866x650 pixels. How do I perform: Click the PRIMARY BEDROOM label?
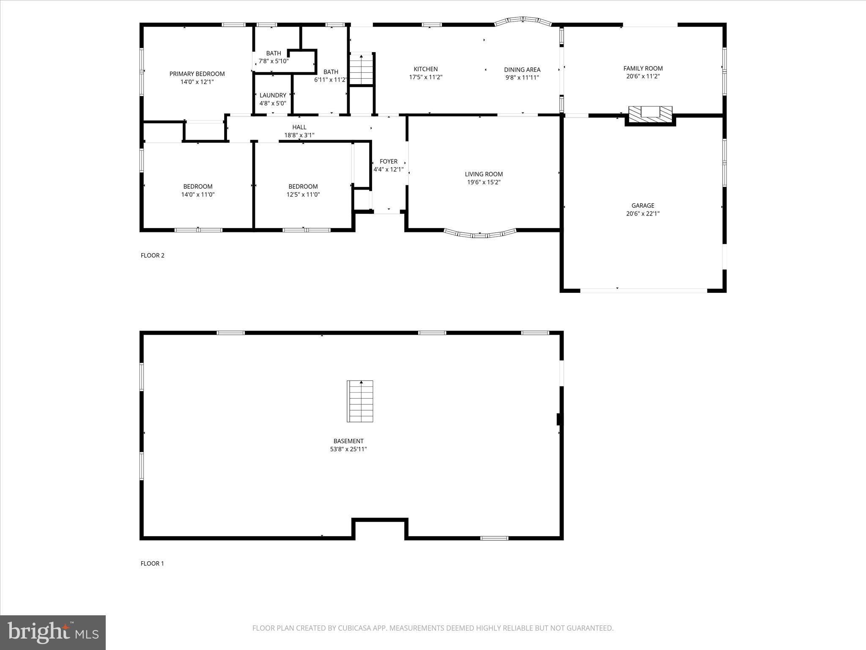pos(197,74)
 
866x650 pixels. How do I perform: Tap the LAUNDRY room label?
pos(273,95)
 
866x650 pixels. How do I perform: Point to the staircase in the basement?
pos(360,401)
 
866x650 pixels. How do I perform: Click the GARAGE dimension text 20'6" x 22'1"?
pos(643,214)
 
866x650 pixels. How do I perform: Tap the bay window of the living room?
pos(480,234)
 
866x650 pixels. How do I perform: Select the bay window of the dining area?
pos(523,20)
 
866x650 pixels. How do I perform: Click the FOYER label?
pos(388,161)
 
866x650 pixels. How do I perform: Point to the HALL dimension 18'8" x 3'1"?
pos(299,135)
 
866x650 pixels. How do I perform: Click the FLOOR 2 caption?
pos(152,255)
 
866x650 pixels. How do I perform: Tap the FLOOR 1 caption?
pos(152,563)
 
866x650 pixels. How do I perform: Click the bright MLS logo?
pos(53,633)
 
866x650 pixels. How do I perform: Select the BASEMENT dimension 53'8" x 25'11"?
pos(348,449)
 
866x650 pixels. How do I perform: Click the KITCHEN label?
pos(425,69)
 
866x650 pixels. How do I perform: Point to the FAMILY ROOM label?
pos(643,68)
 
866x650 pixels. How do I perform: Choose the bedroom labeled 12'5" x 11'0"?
pos(303,190)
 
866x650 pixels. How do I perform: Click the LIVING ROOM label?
pos(484,174)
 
